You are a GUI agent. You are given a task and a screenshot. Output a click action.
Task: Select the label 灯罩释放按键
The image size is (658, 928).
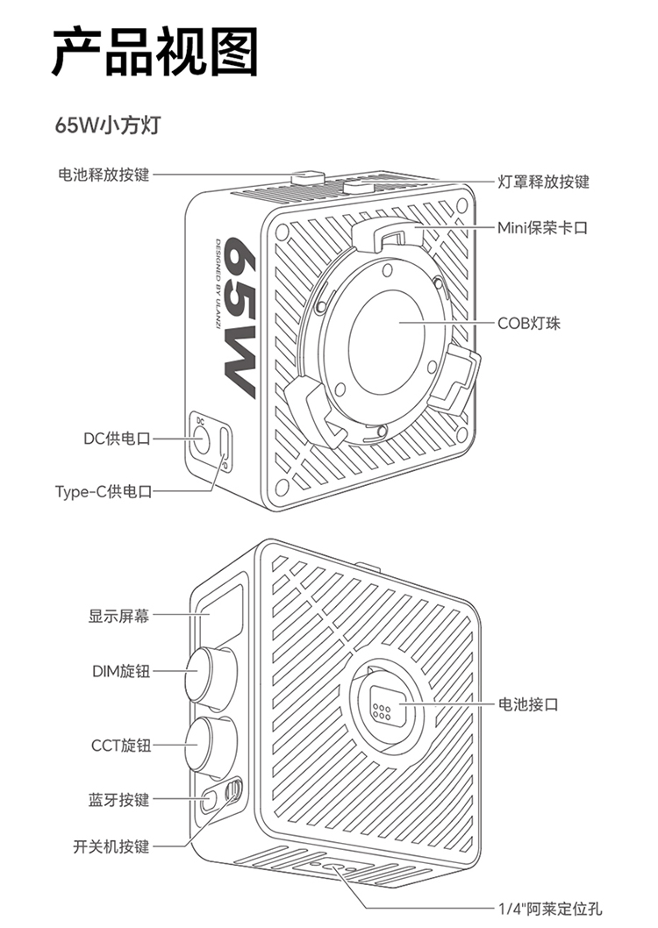[543, 182]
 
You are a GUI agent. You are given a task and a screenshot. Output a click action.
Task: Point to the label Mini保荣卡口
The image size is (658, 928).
[542, 228]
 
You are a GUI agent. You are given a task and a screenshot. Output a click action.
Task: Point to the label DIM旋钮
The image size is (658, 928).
[121, 672]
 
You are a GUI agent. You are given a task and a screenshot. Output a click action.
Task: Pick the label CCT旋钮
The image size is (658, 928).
[121, 746]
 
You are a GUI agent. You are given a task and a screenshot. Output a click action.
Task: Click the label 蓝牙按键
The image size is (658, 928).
[118, 800]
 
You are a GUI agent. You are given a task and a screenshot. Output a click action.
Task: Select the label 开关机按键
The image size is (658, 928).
[111, 846]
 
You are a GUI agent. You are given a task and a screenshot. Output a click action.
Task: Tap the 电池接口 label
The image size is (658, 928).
[528, 704]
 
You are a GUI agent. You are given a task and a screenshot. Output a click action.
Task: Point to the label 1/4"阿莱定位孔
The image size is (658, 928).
[550, 910]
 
